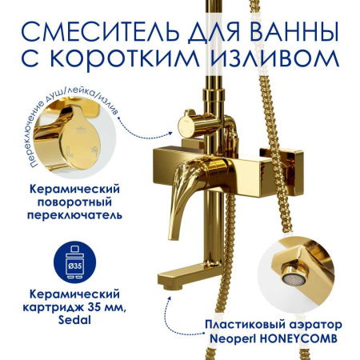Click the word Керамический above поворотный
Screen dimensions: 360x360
point(70,186)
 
